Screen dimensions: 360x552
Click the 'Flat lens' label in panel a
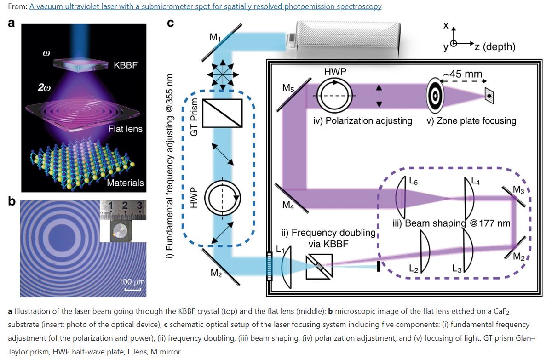pos(125,129)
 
